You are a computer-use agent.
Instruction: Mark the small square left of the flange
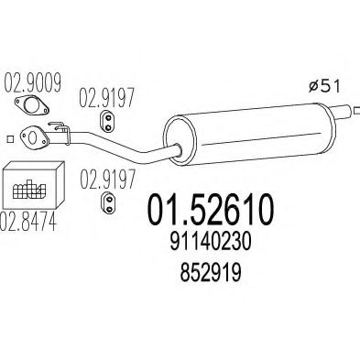(x=9, y=138)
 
